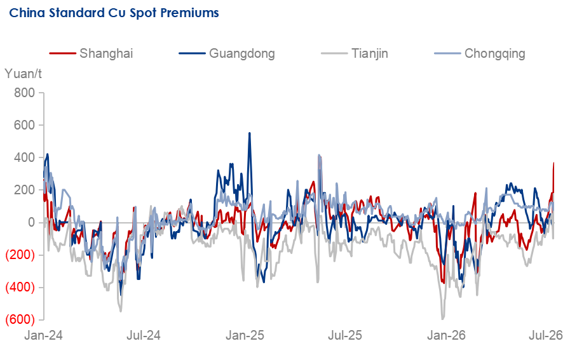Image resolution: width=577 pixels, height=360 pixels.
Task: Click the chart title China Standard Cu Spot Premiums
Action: point(114,13)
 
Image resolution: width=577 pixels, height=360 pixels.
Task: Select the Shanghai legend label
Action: point(106,53)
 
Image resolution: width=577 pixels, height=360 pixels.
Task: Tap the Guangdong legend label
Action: point(241,53)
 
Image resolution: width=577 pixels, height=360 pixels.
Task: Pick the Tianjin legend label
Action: point(369,53)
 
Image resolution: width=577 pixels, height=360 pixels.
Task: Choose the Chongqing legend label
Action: point(494,53)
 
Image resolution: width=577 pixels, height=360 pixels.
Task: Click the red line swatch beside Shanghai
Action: point(62,54)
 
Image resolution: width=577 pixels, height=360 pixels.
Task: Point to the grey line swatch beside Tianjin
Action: point(334,54)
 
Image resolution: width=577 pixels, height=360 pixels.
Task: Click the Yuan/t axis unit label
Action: point(23,74)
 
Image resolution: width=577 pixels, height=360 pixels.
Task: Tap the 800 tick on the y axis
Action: point(24,93)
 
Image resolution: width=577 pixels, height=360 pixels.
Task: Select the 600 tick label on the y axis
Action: point(24,125)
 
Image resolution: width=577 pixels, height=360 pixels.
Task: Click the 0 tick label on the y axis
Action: point(32,222)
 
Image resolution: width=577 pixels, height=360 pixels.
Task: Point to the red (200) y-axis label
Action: point(20,255)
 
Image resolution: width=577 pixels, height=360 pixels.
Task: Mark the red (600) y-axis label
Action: point(20,319)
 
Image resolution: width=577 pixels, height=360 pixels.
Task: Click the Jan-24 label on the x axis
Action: point(43,335)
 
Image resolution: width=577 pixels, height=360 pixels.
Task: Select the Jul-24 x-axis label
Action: point(144,335)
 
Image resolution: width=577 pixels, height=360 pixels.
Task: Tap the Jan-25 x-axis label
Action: point(245,335)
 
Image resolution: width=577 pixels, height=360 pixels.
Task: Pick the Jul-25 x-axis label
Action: point(345,335)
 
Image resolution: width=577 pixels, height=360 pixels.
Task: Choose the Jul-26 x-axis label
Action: point(546,335)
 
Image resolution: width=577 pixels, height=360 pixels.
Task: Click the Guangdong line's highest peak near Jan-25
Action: point(250,133)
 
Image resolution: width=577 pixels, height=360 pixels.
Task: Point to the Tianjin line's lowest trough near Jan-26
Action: point(443,319)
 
